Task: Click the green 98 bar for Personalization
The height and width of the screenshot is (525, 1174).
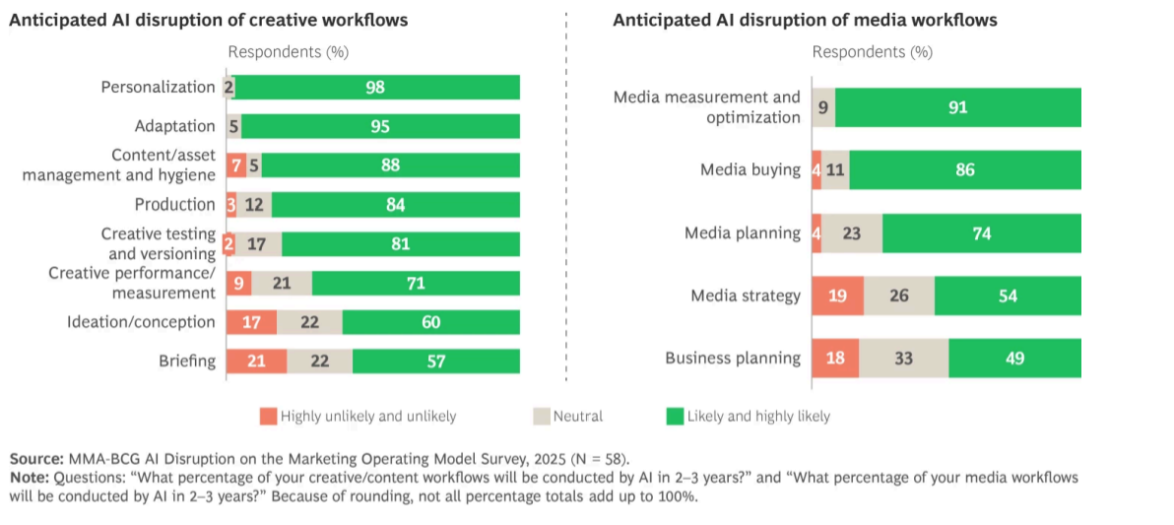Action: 377,88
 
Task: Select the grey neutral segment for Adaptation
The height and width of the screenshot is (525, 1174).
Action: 233,126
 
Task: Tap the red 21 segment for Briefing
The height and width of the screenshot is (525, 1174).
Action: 256,361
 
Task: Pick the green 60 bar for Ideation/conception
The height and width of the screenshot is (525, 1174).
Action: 430,322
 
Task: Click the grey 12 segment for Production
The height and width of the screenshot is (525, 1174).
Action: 254,205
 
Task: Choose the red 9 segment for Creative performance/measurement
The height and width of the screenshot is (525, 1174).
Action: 238,283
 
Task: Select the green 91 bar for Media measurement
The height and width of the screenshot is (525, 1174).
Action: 957,107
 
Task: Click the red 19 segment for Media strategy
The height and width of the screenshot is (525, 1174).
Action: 837,295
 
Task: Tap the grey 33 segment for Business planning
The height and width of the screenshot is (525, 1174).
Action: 903,359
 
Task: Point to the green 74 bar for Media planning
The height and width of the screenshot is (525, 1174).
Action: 981,233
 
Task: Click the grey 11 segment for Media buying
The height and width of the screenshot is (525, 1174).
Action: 835,170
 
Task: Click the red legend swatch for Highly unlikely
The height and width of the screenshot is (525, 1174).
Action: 268,417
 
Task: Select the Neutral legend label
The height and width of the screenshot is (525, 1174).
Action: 578,417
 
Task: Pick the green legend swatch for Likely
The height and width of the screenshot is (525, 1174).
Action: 675,417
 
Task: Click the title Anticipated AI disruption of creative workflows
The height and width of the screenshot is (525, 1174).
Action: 209,20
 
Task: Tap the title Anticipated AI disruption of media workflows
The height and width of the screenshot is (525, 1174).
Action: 805,20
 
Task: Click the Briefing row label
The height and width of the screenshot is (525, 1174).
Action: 187,361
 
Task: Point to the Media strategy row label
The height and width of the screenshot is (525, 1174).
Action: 746,295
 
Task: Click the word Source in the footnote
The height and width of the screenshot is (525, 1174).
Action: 36,459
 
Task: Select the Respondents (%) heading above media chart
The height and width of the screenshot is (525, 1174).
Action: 872,52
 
